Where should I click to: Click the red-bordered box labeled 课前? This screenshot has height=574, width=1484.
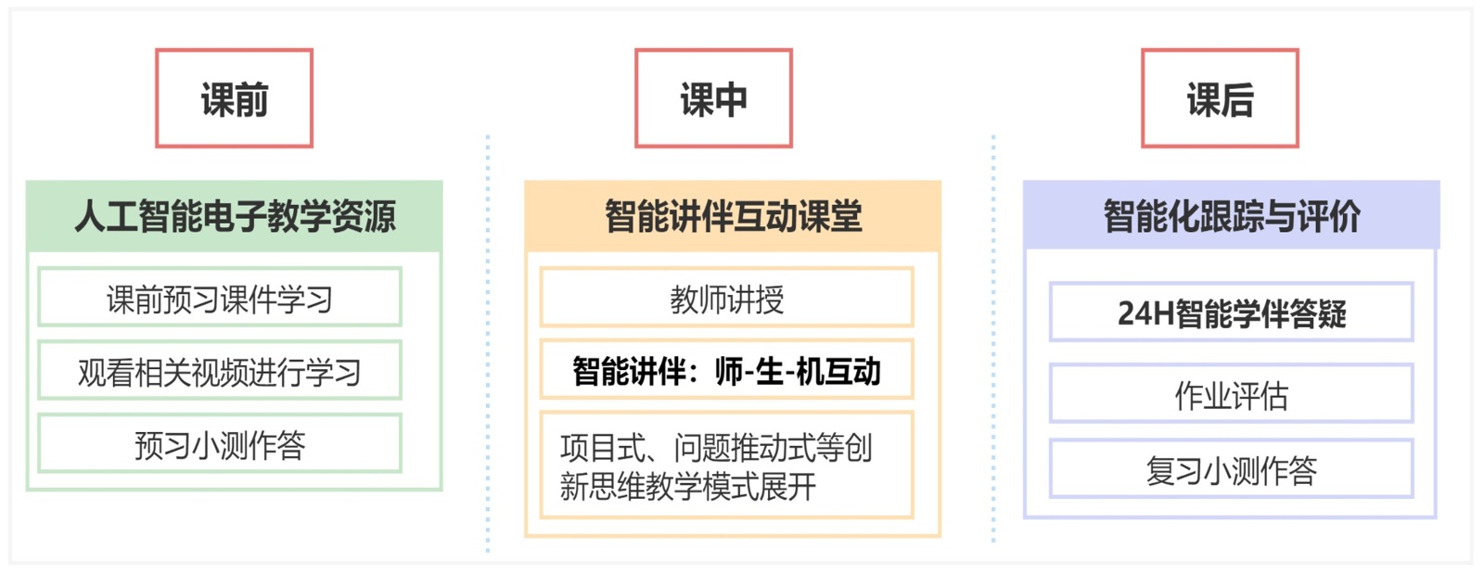tap(234, 98)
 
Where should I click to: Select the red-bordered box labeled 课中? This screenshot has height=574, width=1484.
tap(713, 98)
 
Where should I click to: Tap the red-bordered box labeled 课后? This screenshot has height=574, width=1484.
tap(1220, 98)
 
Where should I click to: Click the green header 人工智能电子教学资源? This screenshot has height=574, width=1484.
tap(234, 216)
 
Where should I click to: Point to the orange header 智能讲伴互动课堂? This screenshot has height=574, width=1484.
tap(733, 216)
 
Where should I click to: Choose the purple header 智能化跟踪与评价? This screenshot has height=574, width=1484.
tap(1231, 216)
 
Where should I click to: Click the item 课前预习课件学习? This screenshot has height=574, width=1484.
tap(220, 298)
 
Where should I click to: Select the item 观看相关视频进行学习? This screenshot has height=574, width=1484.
tap(220, 371)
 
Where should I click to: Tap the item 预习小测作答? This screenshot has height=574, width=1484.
tap(220, 444)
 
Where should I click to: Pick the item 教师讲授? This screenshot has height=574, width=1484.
tap(726, 298)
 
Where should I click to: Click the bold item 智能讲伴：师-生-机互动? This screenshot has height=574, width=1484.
tap(726, 370)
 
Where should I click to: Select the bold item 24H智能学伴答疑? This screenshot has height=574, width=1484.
tap(1231, 313)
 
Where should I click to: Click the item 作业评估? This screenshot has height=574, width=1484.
tap(1231, 394)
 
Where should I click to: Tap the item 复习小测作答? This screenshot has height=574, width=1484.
tap(1231, 469)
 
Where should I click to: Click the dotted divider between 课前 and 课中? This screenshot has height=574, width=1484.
tap(488, 343)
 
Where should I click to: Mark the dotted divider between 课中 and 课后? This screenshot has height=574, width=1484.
tap(993, 343)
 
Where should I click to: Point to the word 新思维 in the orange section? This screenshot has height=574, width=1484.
tap(602, 486)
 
